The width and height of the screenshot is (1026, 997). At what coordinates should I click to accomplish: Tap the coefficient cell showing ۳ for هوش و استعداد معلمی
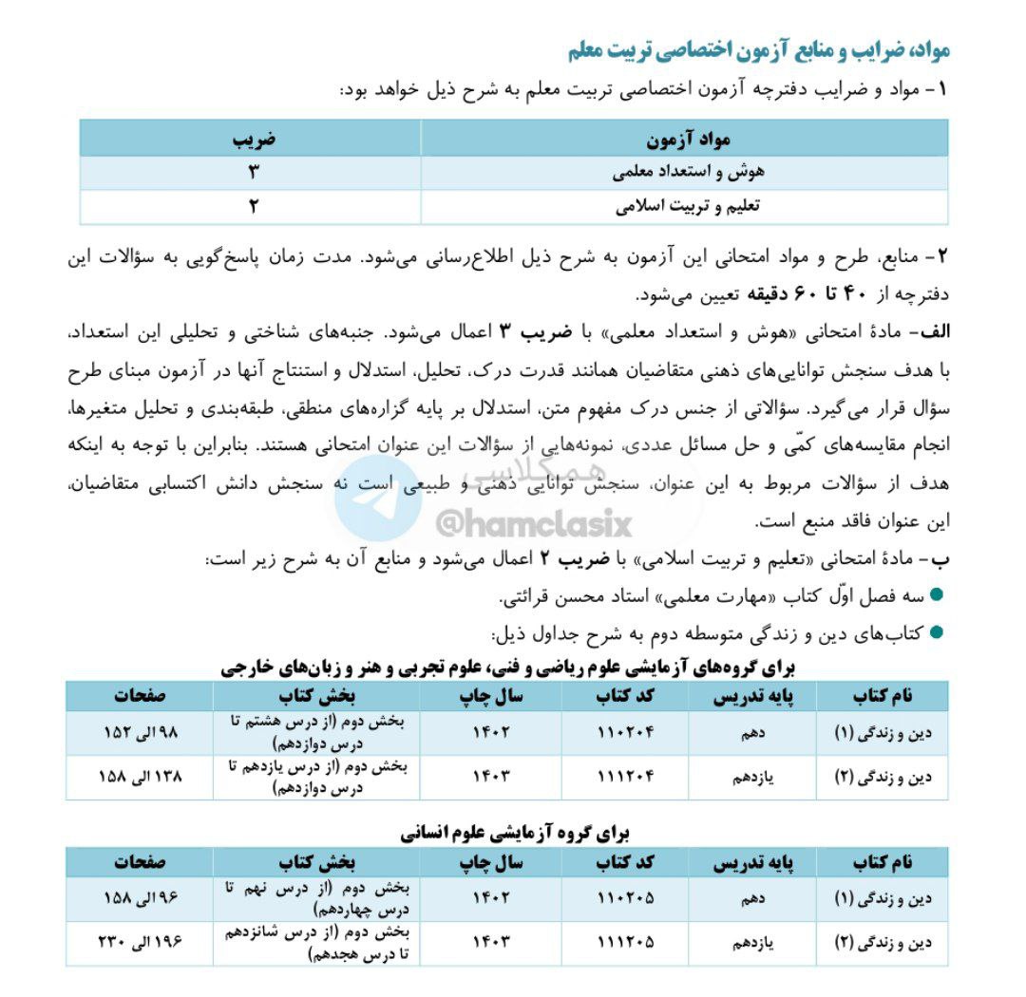tap(253, 173)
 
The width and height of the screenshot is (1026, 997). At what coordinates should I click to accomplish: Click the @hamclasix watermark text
tap(533, 522)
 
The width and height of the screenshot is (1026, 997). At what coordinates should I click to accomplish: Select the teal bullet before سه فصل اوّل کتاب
tap(937, 595)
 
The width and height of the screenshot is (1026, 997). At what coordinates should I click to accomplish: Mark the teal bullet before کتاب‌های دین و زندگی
tap(937, 633)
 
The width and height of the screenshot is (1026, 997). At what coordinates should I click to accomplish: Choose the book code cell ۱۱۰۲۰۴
tap(626, 732)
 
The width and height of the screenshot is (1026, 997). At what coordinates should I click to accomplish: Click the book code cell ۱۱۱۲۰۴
tap(626, 777)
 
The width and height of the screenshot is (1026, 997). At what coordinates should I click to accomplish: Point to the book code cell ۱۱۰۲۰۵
tap(626, 897)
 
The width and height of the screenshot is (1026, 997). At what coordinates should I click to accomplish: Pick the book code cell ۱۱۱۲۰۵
tap(626, 943)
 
